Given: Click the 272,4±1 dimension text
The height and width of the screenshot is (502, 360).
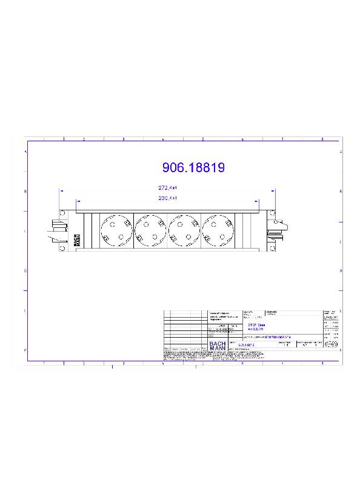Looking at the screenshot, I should click(x=167, y=189).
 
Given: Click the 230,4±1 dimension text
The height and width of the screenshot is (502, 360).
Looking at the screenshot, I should click(x=167, y=198).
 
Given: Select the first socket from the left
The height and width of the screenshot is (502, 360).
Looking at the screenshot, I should click(x=115, y=230).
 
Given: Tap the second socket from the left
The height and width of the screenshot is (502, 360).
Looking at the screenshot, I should click(x=148, y=230).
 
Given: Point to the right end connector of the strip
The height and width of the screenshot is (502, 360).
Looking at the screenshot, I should click(x=281, y=229).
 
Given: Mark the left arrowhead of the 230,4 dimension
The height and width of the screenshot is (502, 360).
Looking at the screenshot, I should click(x=76, y=201).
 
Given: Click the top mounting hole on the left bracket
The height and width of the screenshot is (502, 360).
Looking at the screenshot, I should click(x=62, y=213).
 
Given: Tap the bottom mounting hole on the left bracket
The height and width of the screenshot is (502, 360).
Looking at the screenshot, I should click(x=62, y=248).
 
